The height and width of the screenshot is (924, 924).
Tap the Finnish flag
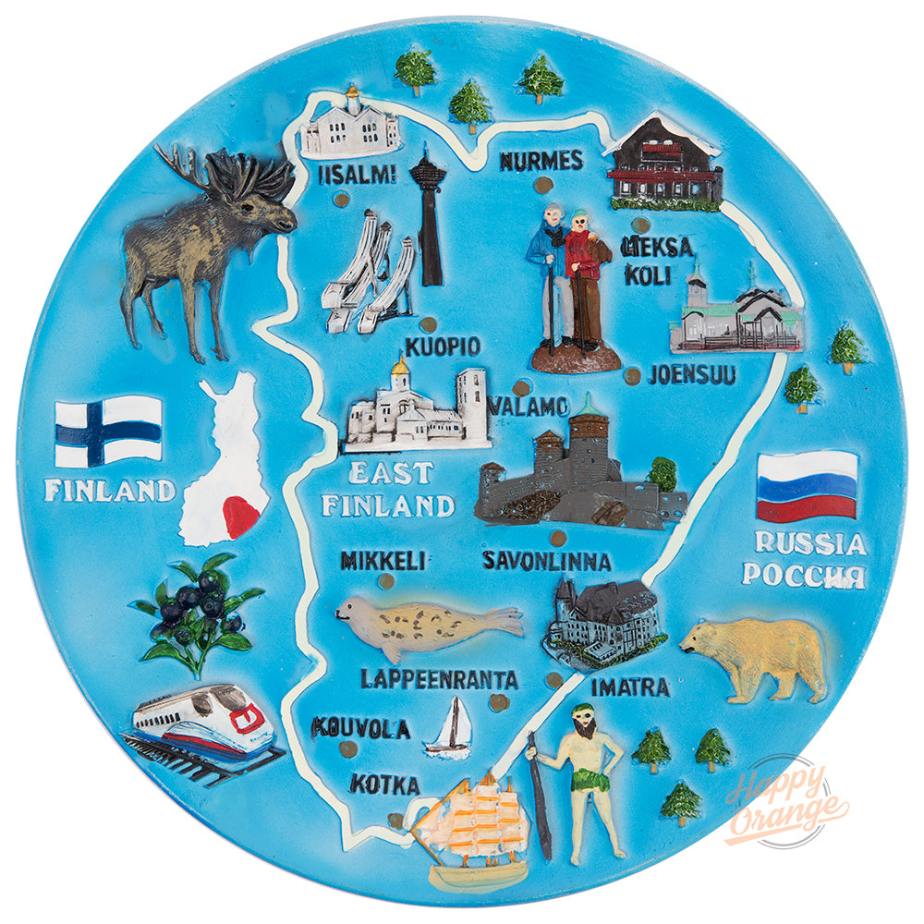pos(108,431)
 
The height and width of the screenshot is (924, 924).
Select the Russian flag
pos(807,485)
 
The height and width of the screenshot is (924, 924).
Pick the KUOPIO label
pos(443,347)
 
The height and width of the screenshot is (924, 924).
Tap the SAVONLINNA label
pos(546,561)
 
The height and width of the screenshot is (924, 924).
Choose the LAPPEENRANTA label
pos(439,679)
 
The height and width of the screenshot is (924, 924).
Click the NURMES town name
pos(541,161)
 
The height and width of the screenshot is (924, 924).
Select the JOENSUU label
pos(691,375)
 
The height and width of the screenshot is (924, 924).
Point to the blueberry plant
pos(196,610)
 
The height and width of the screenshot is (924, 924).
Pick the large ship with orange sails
pos(471,827)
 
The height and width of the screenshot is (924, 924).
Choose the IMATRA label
pos(629,688)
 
